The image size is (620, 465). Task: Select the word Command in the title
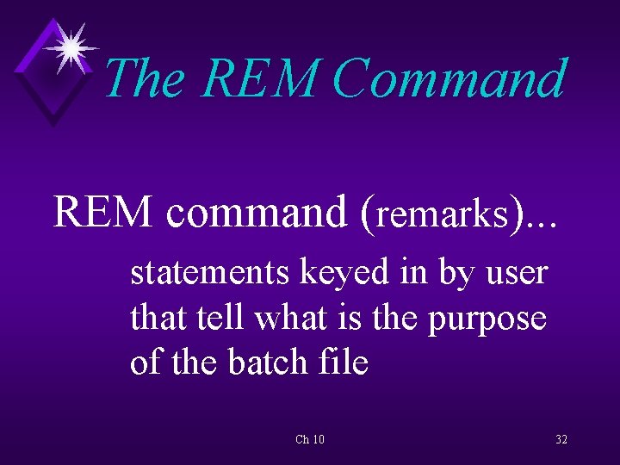pos(449,79)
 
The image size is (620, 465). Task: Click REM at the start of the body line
pos(103,211)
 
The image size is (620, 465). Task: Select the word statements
pos(209,273)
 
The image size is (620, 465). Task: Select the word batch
pos(263,363)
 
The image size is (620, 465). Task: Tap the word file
pos(344,363)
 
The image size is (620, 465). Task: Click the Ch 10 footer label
pos(310,440)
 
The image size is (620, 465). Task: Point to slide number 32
pos(561,440)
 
